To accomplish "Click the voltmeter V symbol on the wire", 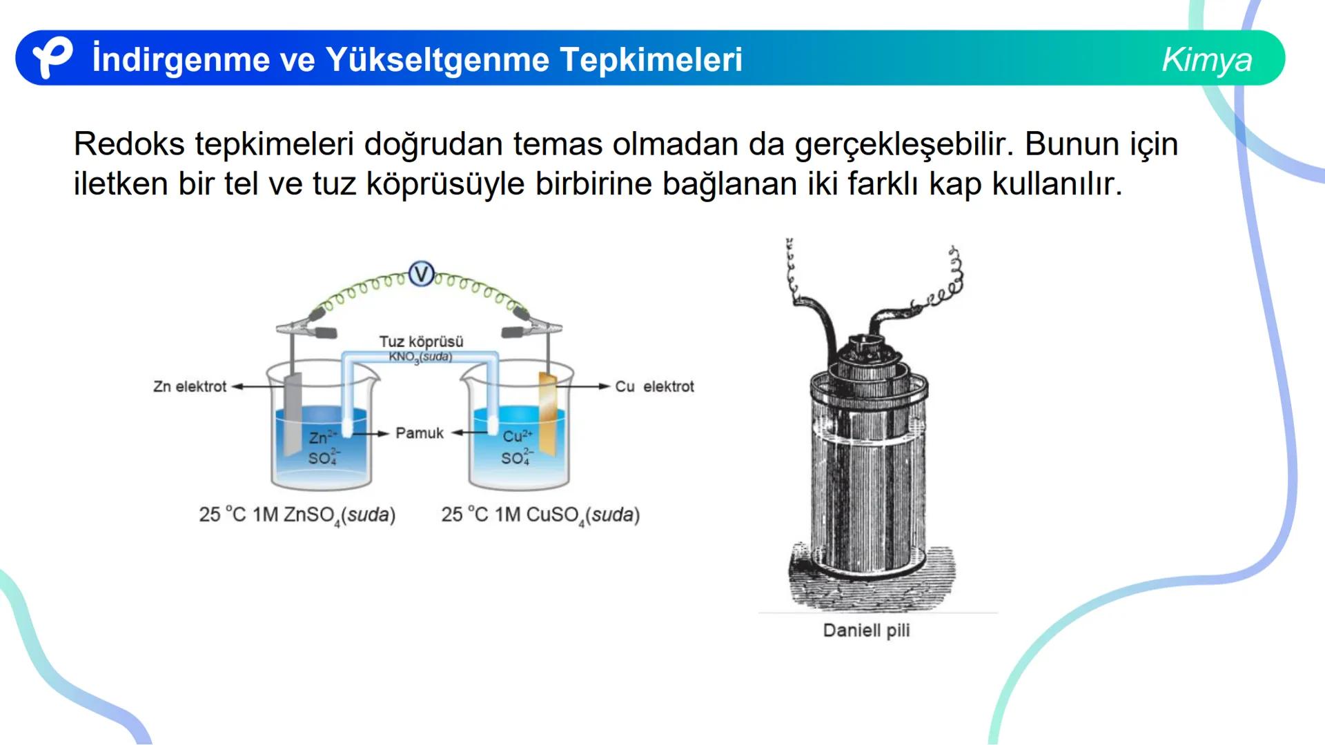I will coord(421,274).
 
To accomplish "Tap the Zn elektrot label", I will coord(190,387).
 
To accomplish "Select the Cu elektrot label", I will coord(654,387).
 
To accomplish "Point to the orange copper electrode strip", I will coord(547,414).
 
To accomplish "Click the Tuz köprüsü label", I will coord(421,341).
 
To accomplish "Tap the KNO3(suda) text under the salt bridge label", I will coord(420,357).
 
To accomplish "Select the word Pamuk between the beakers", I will coord(420,433).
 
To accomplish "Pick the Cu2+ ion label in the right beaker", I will coord(518,436).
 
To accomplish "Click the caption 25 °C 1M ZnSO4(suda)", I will coord(297,515).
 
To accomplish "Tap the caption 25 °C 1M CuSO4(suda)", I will coord(540,515).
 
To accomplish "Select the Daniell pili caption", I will coord(866,630).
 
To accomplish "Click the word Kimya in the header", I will coord(1206,59).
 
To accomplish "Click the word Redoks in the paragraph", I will coord(129,144).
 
